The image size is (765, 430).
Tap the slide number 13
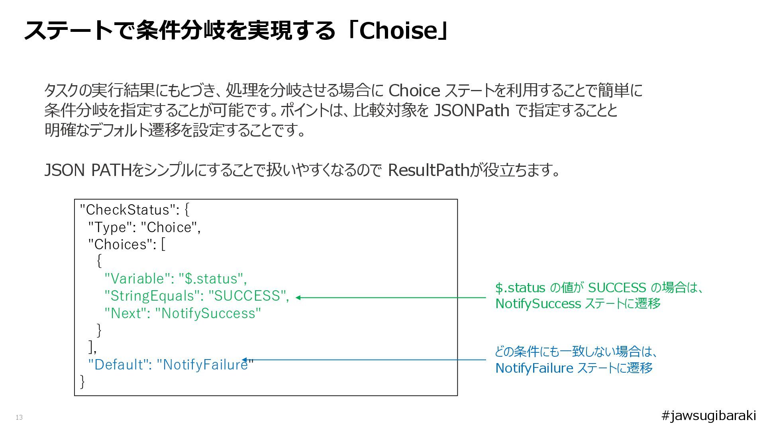pos(19,417)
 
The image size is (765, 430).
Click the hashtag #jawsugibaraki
pos(708,415)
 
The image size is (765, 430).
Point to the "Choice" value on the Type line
pos(169,227)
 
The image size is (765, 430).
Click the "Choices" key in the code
pos(122,244)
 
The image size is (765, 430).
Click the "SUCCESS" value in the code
pos(247,296)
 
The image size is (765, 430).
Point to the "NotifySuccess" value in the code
pos(208,313)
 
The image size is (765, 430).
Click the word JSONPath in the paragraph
pos(471,110)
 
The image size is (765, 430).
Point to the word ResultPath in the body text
pos(428,170)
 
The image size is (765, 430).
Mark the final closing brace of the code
pos(82,381)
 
